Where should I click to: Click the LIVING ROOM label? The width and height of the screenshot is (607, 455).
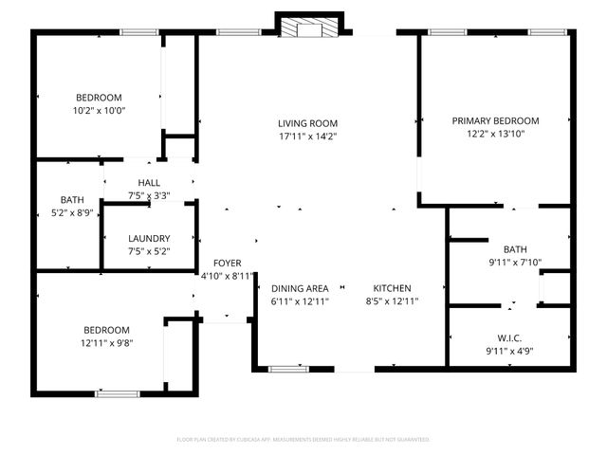point(307,123)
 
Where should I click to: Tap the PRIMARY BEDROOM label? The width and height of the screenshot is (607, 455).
point(495,120)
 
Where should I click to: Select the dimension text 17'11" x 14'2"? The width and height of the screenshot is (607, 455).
point(307,136)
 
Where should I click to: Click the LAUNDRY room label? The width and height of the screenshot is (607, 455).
point(150,239)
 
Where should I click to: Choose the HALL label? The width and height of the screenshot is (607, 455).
point(149,183)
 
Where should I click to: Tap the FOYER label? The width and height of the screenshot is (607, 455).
point(227,263)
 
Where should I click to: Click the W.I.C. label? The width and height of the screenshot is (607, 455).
point(509,338)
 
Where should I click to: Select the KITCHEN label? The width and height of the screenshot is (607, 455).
point(392,288)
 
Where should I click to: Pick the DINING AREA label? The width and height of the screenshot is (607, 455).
point(300,288)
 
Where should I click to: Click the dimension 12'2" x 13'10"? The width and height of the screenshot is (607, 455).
point(495,134)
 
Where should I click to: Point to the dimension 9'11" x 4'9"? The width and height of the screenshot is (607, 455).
point(509,352)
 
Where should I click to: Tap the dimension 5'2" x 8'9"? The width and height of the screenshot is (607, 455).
point(72,213)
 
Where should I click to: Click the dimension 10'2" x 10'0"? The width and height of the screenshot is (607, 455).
point(100,110)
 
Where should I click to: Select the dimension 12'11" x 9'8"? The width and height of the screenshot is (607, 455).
point(105,343)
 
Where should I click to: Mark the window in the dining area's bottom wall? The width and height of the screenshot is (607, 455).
point(282,368)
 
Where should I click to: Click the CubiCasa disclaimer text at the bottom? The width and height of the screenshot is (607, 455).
point(303,440)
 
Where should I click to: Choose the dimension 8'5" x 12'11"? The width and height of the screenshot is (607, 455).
point(392,301)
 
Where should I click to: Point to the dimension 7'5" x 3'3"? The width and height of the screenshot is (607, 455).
point(149,196)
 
